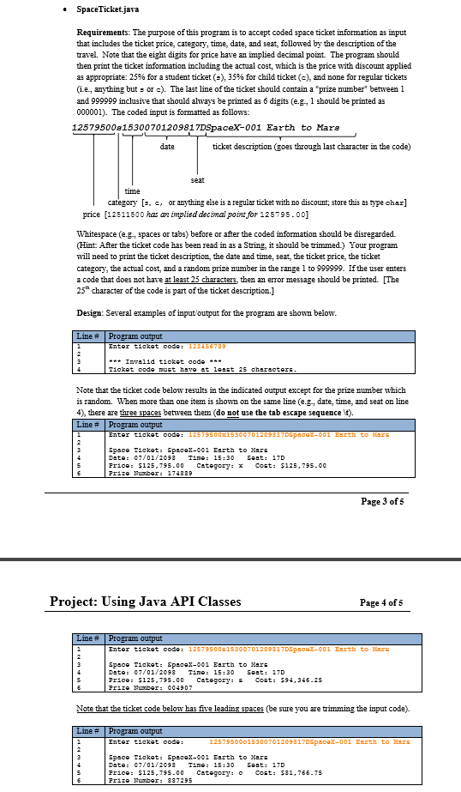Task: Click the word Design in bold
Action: (x=88, y=313)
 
